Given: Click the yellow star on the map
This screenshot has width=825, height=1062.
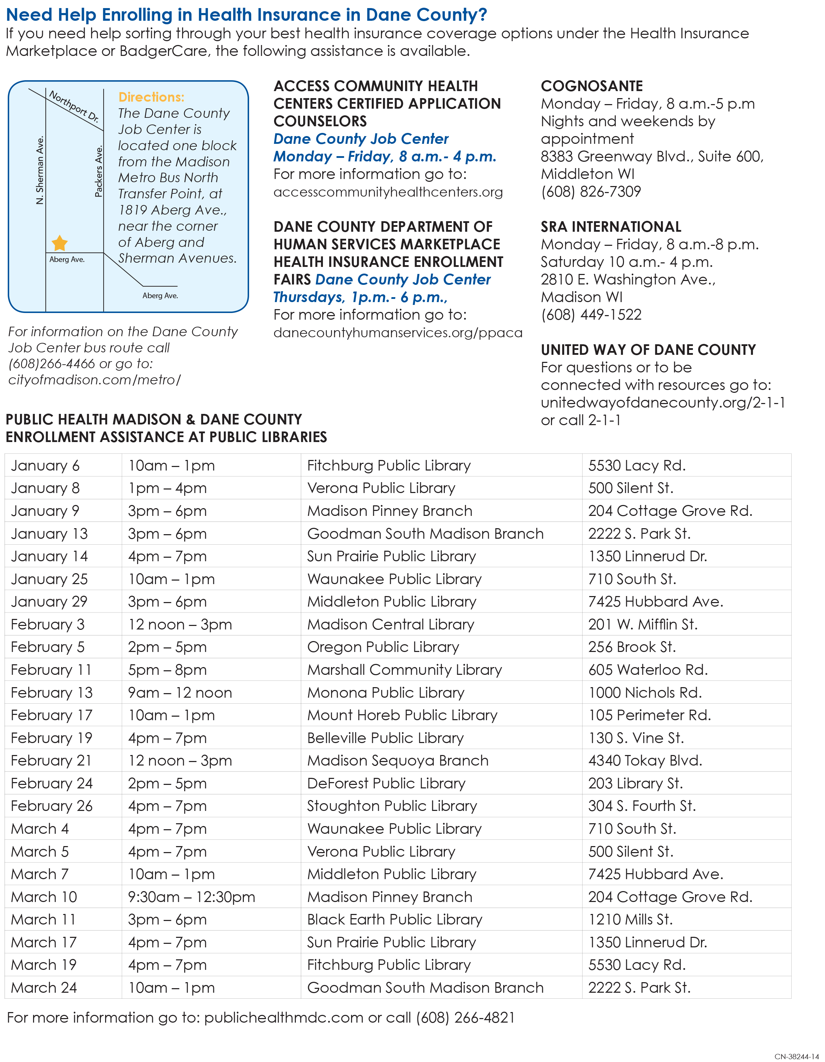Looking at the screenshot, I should tap(59, 243).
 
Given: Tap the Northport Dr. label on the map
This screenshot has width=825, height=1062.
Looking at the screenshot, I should tap(74, 106).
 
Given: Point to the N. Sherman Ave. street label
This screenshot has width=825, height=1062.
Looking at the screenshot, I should tap(40, 170).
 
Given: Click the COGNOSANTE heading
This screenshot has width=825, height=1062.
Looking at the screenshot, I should tap(591, 86).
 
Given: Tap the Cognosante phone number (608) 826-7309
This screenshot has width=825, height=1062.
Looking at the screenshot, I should tap(591, 192).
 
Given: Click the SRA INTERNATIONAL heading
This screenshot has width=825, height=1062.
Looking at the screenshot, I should tap(611, 226).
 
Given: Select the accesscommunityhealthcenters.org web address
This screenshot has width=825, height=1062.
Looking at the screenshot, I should tap(388, 192).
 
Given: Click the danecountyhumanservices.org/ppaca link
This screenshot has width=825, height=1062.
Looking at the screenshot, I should tap(397, 333).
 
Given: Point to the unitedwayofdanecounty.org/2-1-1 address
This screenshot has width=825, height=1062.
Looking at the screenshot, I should tap(662, 403).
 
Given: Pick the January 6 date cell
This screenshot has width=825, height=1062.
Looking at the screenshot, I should tap(45, 465).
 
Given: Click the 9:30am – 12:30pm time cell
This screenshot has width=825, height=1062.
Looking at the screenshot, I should tap(191, 897).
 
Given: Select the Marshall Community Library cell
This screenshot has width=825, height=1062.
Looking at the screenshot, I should tap(404, 670).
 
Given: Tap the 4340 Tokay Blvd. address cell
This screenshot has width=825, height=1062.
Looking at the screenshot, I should tap(645, 761).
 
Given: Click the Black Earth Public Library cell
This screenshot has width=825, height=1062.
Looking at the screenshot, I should tap(395, 920).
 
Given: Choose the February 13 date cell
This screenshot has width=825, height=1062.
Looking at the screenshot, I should tap(52, 692).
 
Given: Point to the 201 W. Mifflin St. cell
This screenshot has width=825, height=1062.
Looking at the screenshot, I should tap(642, 624).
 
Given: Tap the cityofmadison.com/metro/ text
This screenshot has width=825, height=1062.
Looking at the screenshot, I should tap(94, 380).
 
